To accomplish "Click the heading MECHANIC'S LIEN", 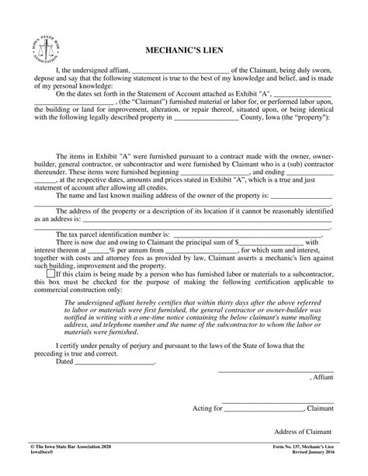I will coord(184,50).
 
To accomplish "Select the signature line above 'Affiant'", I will coord(276,371).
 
